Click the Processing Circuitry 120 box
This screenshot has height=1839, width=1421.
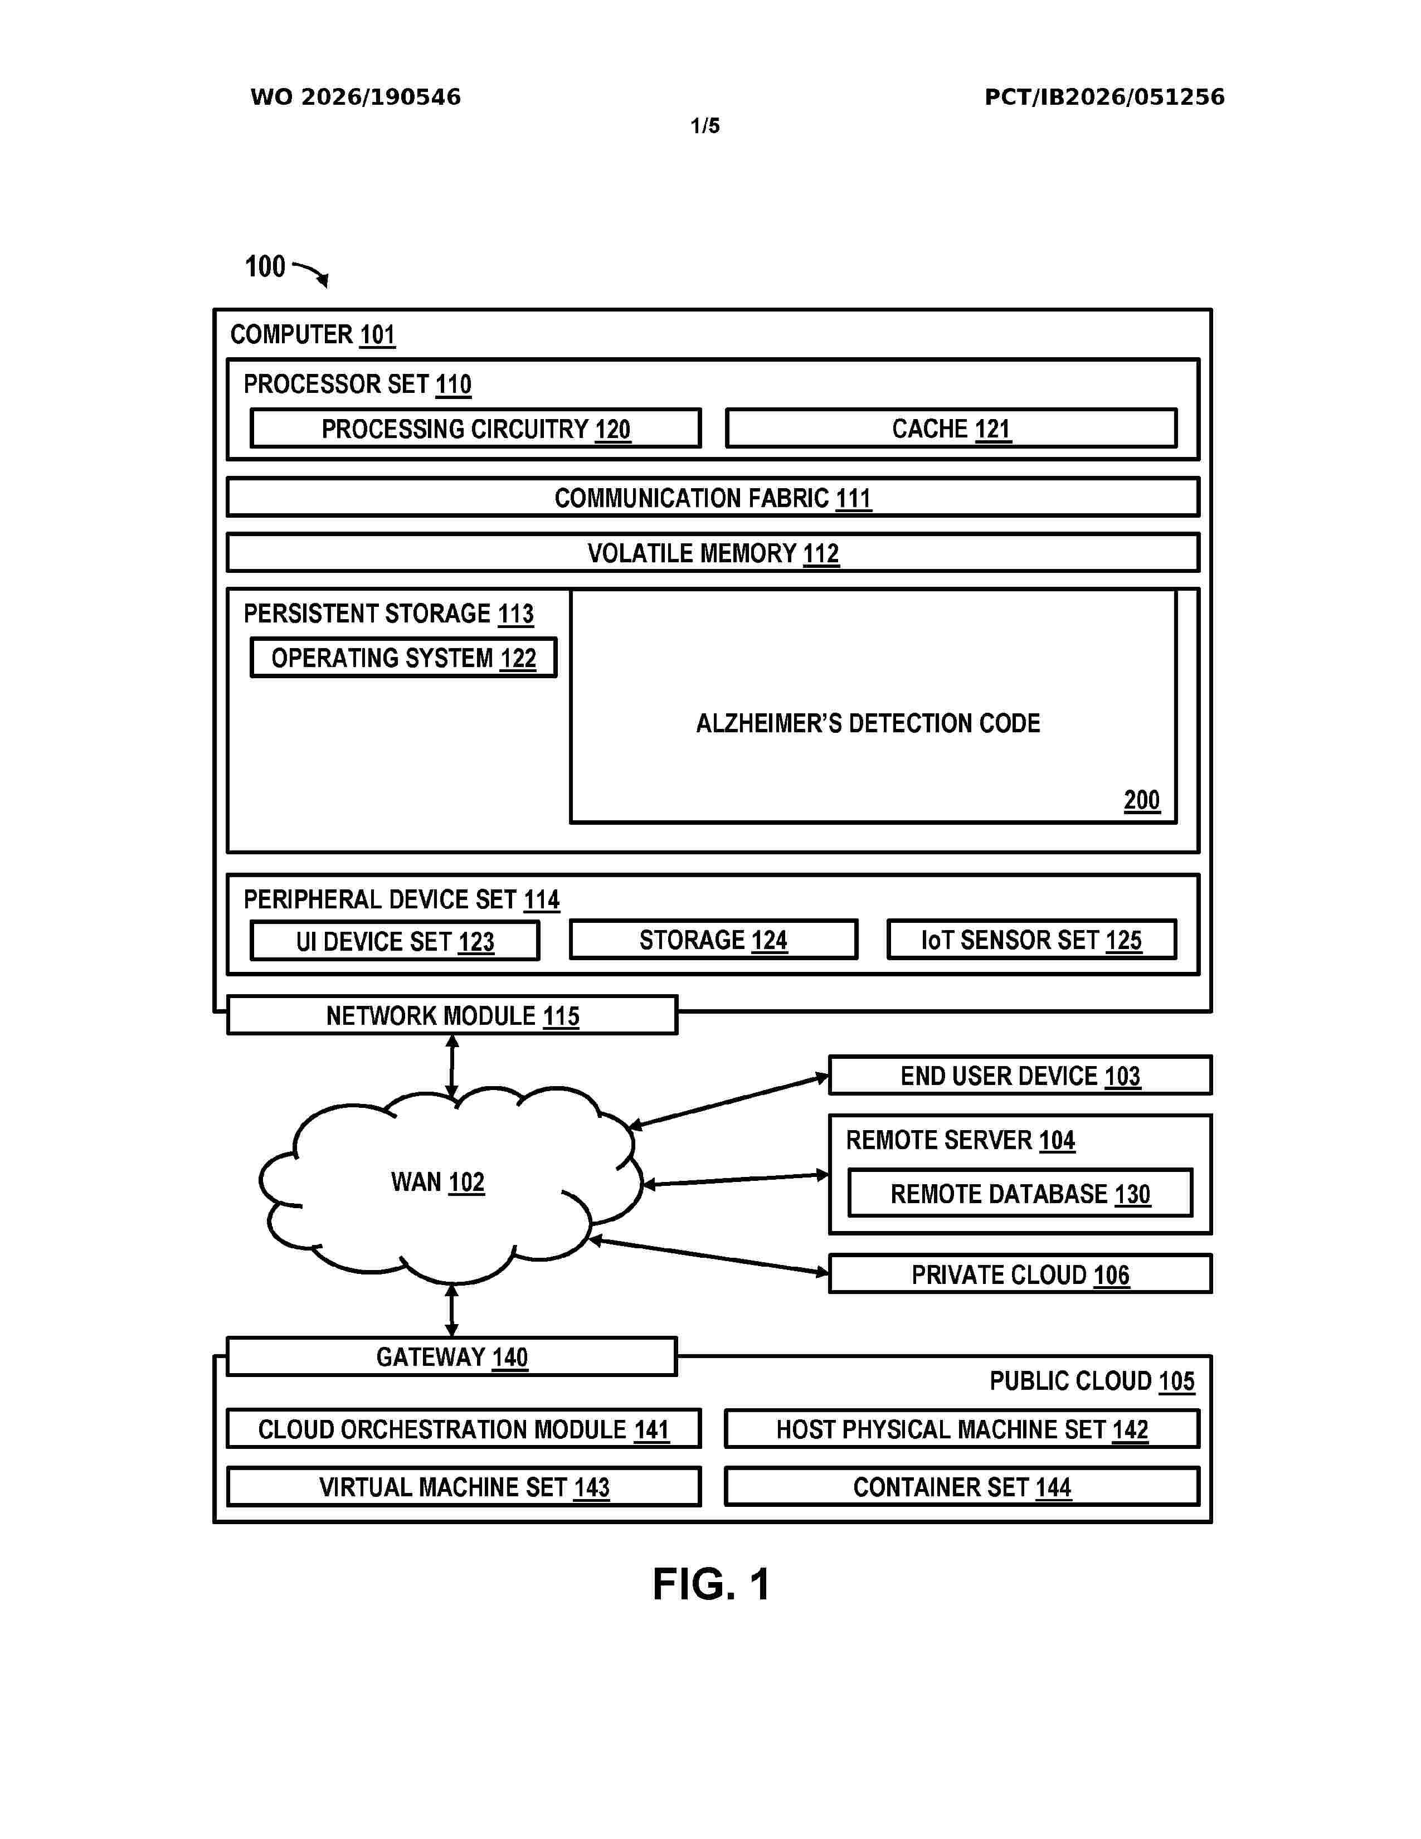(x=476, y=429)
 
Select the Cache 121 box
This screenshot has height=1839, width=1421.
(x=951, y=429)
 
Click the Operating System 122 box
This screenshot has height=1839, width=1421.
(x=403, y=658)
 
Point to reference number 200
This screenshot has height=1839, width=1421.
(x=1141, y=800)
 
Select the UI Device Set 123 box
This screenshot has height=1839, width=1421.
(x=395, y=941)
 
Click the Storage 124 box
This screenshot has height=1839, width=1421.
(x=713, y=940)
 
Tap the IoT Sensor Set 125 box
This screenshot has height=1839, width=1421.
(x=1031, y=940)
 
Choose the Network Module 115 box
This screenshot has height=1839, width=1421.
(x=452, y=1015)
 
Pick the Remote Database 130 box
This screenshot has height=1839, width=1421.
(x=1020, y=1193)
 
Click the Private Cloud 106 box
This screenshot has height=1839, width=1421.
(x=1020, y=1274)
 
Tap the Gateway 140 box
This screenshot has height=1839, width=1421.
(x=452, y=1356)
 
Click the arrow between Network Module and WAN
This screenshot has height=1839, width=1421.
(x=452, y=1067)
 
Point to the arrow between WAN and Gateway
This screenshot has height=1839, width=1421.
(x=452, y=1310)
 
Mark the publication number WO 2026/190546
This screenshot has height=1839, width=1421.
(x=356, y=97)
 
